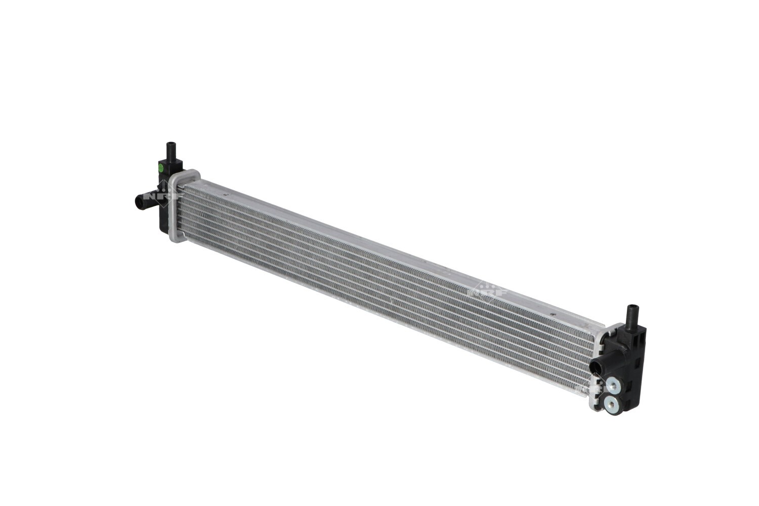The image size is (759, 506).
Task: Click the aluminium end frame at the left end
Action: pyautogui.click(x=175, y=207)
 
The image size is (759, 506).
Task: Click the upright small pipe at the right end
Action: pyautogui.click(x=632, y=316)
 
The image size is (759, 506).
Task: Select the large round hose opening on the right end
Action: pyautogui.click(x=596, y=366)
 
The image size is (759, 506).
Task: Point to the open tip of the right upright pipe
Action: pyautogui.click(x=632, y=306)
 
